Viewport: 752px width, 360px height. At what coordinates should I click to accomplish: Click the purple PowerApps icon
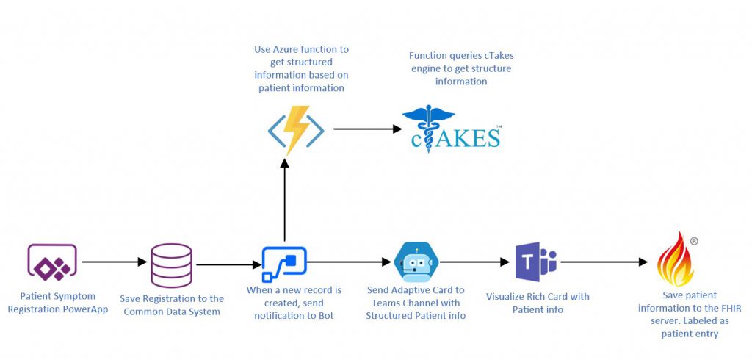click(52, 262)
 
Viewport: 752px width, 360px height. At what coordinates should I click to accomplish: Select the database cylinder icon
click(171, 265)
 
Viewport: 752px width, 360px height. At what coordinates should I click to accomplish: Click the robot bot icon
click(416, 262)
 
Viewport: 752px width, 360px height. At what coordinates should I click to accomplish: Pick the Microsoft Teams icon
click(535, 262)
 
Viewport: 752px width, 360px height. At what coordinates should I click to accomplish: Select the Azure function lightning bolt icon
click(295, 130)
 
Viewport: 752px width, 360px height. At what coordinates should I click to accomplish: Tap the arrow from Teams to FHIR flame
click(602, 261)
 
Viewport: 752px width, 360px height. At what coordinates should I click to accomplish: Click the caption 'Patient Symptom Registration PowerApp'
click(57, 303)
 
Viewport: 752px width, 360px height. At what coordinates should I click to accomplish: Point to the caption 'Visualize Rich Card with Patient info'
click(538, 303)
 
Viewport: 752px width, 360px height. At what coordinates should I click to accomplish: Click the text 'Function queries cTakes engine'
click(460, 62)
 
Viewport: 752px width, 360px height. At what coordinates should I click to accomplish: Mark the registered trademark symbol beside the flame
click(694, 240)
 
